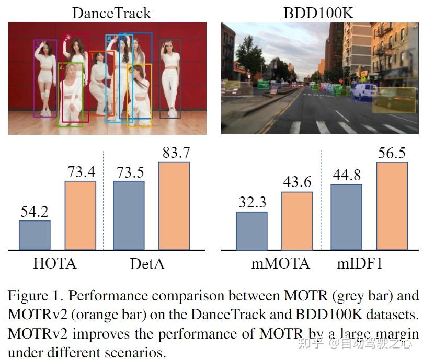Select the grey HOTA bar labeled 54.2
(35, 235)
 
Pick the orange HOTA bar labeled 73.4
(80, 215)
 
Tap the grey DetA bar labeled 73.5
(129, 215)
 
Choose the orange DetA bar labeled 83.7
(174, 206)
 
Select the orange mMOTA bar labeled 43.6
(297, 220)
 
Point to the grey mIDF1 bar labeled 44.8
(346, 217)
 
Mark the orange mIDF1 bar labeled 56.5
(391, 206)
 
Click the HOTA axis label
(54, 263)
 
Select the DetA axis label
(147, 264)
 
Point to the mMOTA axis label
(280, 263)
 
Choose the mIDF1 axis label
(360, 263)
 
